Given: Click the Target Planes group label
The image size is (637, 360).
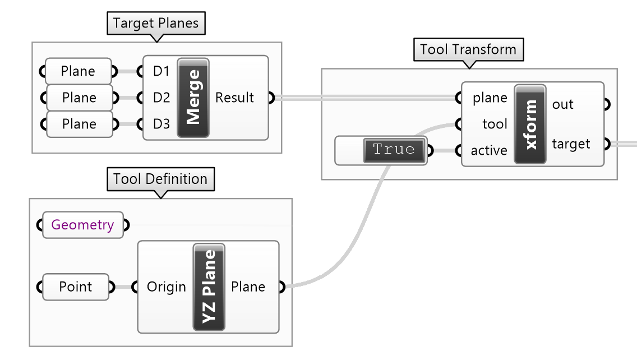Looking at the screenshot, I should tap(156, 24).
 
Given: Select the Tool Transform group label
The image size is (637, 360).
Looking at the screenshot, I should tap(468, 49).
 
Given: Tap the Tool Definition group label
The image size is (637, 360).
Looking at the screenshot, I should tap(160, 179).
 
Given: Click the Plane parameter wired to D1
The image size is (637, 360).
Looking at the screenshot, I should tap(78, 71).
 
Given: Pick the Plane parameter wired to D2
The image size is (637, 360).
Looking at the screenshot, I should tap(79, 98).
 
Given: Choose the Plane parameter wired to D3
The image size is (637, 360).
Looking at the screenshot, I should tap(79, 124).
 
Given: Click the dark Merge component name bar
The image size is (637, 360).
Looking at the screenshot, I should tap(193, 98).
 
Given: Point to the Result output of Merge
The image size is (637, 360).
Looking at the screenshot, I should tap(234, 98).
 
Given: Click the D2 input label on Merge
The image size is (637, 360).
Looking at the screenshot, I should tap(161, 98).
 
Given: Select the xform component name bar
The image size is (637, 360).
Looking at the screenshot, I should tap(530, 124).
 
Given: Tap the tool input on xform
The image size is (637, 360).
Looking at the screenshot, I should tap(494, 124).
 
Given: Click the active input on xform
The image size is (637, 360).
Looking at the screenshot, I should tap(489, 150).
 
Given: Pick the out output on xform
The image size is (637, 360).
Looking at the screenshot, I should tap(562, 104).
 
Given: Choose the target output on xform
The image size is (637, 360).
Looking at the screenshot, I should tap(571, 144).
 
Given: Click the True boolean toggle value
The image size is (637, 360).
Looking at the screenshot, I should tap(394, 150).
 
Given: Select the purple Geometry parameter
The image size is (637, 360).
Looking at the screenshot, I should tap(82, 225).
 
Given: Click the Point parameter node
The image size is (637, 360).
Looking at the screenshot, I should tap(76, 287).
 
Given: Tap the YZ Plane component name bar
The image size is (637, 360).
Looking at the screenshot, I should tap(209, 287).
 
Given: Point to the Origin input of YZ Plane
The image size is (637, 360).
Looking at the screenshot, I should tap(166, 287).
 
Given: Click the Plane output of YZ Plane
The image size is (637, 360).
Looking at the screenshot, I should tap(248, 287).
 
